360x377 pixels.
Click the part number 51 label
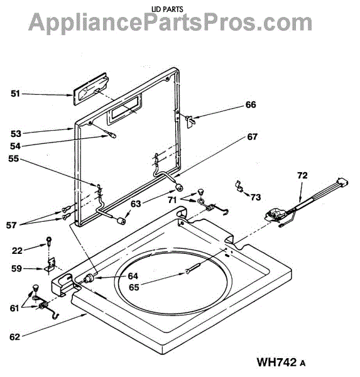[x=15, y=94]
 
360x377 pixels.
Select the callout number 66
[x=251, y=105]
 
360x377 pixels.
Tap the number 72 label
[x=302, y=175]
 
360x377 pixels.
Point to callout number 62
[x=14, y=337]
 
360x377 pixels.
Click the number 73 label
[x=256, y=197]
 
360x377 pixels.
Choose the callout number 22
[x=17, y=251]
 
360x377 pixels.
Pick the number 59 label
[x=16, y=268]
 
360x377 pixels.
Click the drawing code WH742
[x=276, y=362]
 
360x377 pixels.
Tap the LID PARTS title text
[x=167, y=9]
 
